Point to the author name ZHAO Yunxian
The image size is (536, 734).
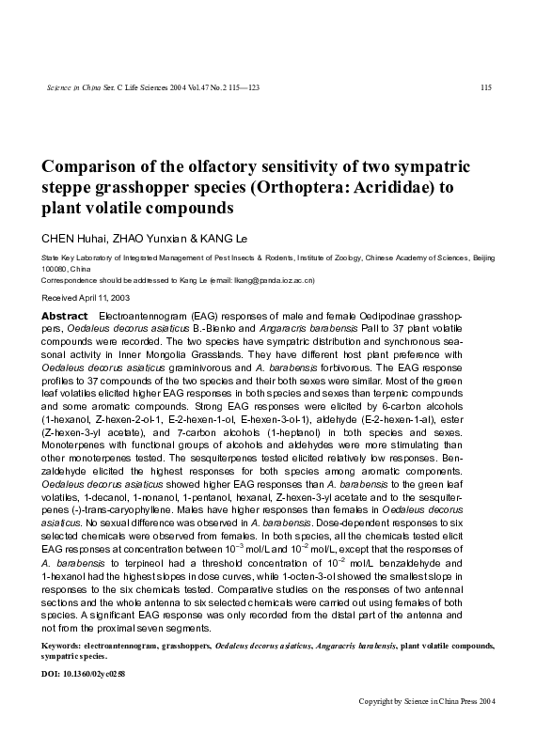pyautogui.click(x=152, y=236)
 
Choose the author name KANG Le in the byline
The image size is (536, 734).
pyautogui.click(x=227, y=236)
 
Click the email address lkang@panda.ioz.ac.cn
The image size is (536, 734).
pyautogui.click(x=272, y=280)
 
